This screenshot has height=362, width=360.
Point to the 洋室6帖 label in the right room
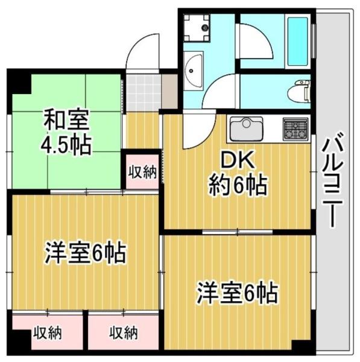pyautogui.click(x=237, y=294)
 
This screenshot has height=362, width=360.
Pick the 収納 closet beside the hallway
pyautogui.click(x=143, y=172)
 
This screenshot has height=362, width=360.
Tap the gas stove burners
pyautogui.click(x=295, y=127)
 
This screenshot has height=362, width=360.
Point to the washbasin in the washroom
pyautogui.click(x=194, y=70)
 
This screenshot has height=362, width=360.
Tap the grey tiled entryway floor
pyautogui.click(x=143, y=92)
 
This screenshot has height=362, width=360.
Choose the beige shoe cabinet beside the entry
pyautogui.click(x=170, y=92)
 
